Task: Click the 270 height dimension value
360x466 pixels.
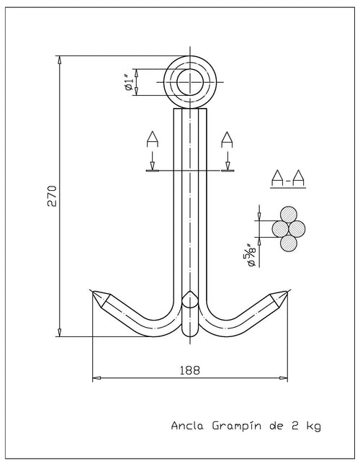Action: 53,196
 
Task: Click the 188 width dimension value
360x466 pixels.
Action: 190,371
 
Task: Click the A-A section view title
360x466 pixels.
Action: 288,179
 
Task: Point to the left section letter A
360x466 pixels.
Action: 153,140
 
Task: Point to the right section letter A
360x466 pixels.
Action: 228,140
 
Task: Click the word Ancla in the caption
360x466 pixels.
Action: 187,426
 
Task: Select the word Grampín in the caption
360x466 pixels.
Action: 238,426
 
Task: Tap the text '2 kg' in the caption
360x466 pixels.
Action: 306,426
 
